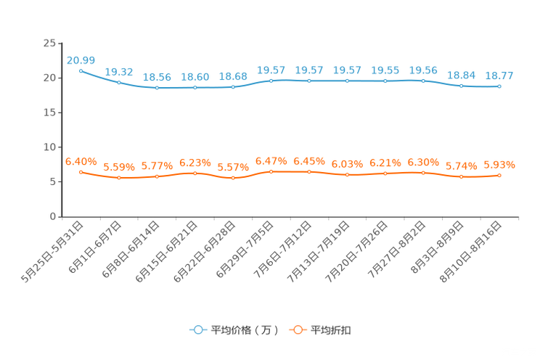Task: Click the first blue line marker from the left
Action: click(81, 70)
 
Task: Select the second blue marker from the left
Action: click(119, 82)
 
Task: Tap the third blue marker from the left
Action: click(157, 87)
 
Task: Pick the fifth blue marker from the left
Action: click(233, 86)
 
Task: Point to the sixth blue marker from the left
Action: click(271, 80)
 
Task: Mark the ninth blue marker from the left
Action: click(385, 81)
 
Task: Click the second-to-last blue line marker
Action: click(461, 86)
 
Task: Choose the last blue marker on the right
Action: click(499, 86)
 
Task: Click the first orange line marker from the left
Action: click(81, 171)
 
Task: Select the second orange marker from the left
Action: click(119, 177)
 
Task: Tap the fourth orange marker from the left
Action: click(195, 172)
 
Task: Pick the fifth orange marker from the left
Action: click(233, 177)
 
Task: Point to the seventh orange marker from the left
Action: click(309, 171)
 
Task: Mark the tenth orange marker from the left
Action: click(423, 172)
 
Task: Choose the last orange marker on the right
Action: click(499, 175)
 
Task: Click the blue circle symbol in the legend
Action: click(197, 330)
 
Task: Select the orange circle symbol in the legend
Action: click(298, 330)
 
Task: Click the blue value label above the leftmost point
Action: click(81, 60)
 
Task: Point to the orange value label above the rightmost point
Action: click(499, 164)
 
